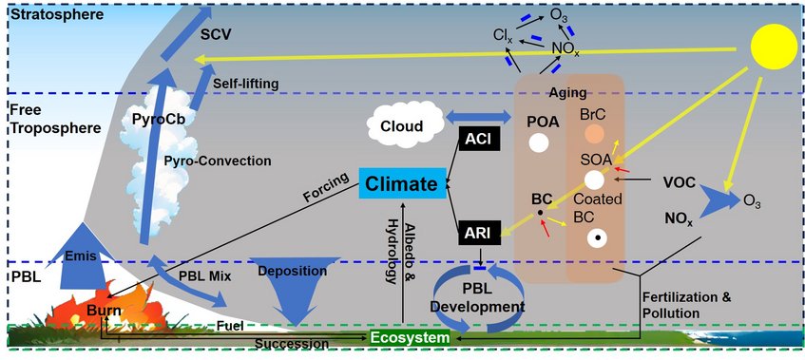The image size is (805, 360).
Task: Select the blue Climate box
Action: pos(401,182)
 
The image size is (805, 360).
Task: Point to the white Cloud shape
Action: pos(403,125)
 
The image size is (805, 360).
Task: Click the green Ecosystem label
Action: pos(410,338)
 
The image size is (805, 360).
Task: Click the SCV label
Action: pos(217,34)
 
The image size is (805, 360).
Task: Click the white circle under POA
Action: pos(540,143)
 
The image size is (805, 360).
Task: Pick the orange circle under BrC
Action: pos(594,135)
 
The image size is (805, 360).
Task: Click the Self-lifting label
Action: pos(245,84)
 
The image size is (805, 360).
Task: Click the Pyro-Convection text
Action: pos(231,161)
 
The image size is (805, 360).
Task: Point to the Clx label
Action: pos(503,35)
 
